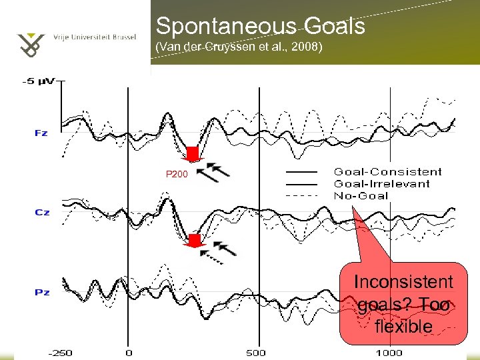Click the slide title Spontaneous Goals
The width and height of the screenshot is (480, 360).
pyautogui.click(x=260, y=26)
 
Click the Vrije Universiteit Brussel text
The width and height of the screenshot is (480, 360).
pyautogui.click(x=95, y=37)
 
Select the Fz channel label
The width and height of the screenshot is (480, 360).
pyautogui.click(x=41, y=133)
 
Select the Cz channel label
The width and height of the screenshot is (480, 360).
pyautogui.click(x=41, y=212)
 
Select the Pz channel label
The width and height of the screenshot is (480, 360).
pyautogui.click(x=41, y=292)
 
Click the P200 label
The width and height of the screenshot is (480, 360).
pyautogui.click(x=177, y=174)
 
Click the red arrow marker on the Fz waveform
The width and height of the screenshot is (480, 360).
pyautogui.click(x=193, y=155)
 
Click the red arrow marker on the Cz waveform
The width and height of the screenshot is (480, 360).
pyautogui.click(x=195, y=241)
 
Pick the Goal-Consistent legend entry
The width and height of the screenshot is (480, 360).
pyautogui.click(x=387, y=172)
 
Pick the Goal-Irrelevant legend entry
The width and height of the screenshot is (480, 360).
pyautogui.click(x=382, y=183)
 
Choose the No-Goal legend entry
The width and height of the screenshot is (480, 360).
pyautogui.click(x=361, y=195)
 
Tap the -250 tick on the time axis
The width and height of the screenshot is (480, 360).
pyautogui.click(x=63, y=353)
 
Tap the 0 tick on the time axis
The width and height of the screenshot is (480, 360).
pyautogui.click(x=128, y=353)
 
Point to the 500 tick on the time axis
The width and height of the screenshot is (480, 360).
pyautogui.click(x=256, y=353)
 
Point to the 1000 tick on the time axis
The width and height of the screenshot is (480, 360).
pyautogui.click(x=388, y=353)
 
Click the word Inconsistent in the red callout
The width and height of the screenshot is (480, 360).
pyautogui.click(x=403, y=282)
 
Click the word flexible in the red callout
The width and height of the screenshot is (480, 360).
pyautogui.click(x=403, y=327)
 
